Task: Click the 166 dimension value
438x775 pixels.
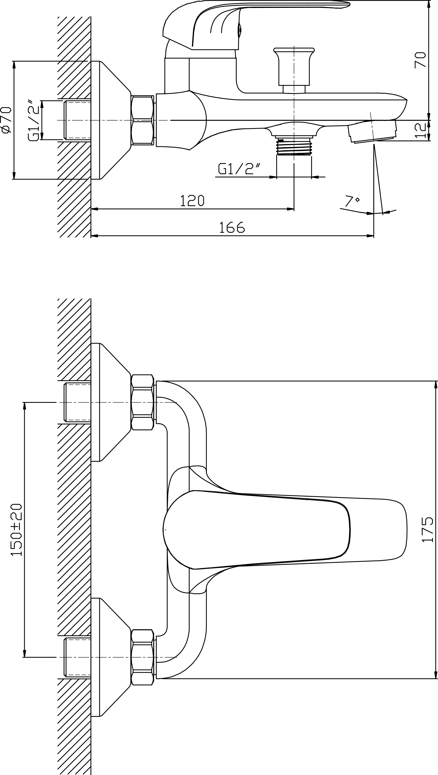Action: pos(232,227)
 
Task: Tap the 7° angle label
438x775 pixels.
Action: pos(352,201)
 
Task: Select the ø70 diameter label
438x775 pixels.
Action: pos(7,119)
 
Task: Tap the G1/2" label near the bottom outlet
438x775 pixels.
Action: pos(239,169)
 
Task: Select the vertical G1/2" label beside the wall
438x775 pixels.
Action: pos(33,119)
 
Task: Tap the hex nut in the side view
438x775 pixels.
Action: pos(143,120)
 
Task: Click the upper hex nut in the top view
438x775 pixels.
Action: pos(143,402)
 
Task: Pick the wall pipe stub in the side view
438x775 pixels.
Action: pos(77,120)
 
